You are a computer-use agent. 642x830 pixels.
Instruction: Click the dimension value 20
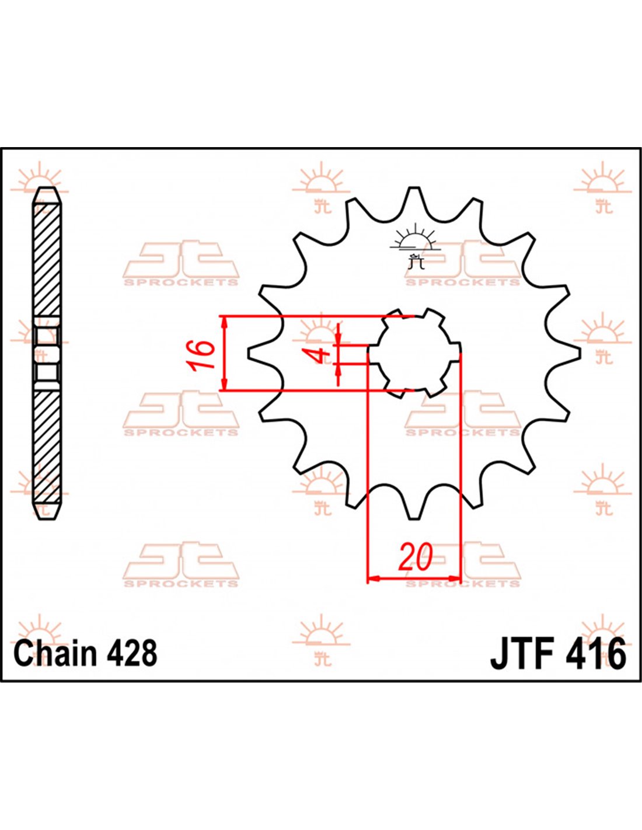click(416, 557)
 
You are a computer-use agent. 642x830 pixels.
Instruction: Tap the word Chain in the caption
click(55, 653)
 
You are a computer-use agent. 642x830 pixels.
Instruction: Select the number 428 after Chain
click(132, 653)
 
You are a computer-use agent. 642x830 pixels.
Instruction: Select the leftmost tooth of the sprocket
click(256, 353)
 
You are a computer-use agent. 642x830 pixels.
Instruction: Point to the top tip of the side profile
click(47, 189)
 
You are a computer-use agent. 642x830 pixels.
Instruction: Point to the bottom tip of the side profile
click(47, 517)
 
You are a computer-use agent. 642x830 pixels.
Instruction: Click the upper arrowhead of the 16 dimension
click(224, 320)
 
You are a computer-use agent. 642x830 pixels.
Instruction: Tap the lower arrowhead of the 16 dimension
click(224, 386)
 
